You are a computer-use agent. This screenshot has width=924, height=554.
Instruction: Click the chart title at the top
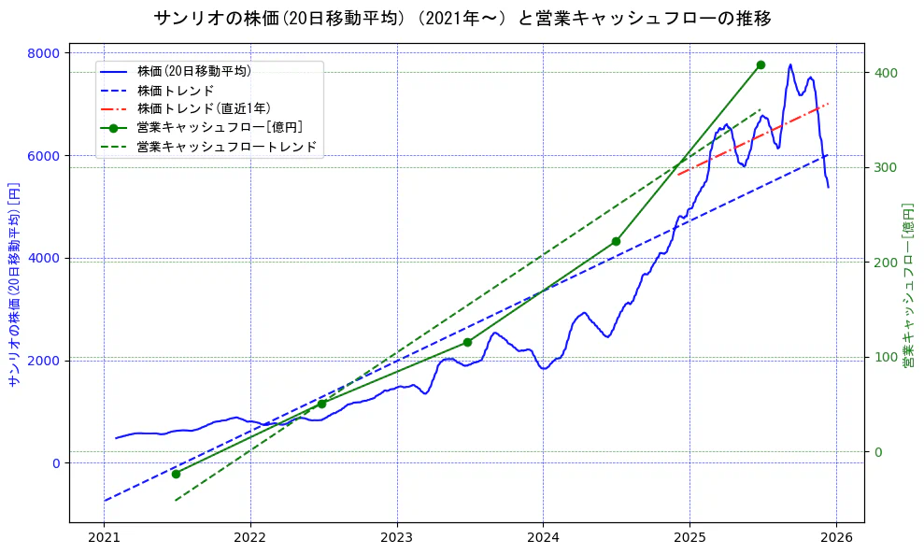click(x=462, y=19)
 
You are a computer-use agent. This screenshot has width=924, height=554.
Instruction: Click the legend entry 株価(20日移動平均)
click(x=193, y=70)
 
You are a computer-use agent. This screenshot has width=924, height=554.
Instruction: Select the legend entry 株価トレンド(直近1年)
click(x=204, y=108)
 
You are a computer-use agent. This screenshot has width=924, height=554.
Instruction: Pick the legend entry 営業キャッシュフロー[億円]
click(x=219, y=127)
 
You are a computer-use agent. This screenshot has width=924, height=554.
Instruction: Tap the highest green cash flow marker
click(x=761, y=64)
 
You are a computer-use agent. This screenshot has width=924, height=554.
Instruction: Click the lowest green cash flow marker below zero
click(x=176, y=474)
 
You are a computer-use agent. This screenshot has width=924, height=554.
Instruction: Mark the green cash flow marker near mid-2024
click(x=616, y=241)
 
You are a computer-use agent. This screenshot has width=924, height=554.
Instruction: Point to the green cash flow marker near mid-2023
click(x=467, y=342)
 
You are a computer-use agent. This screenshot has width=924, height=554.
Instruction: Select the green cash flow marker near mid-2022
click(x=321, y=404)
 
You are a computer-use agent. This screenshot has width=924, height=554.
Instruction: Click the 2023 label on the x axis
click(x=396, y=537)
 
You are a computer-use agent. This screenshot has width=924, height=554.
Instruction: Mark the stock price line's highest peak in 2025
click(x=790, y=64)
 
